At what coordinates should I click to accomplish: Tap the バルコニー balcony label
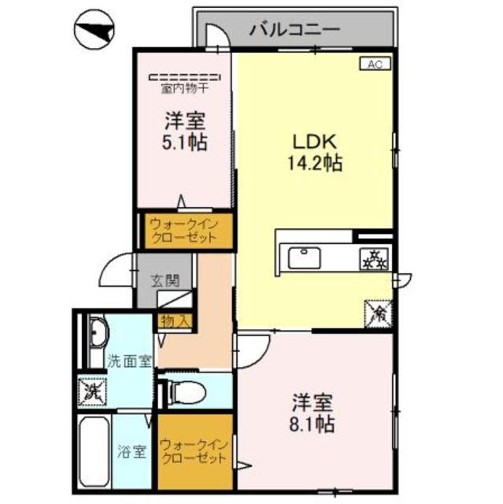pyautogui.click(x=294, y=30)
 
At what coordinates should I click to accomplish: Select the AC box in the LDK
pyautogui.click(x=372, y=65)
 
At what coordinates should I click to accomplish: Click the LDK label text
pyautogui.click(x=316, y=143)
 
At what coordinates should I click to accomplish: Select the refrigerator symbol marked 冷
pyautogui.click(x=377, y=313)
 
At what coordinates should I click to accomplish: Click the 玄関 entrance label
pyautogui.click(x=165, y=280)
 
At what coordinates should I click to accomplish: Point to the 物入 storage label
pyautogui.click(x=175, y=321)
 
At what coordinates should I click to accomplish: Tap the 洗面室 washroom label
pyautogui.click(x=129, y=361)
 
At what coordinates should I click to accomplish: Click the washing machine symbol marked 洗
pyautogui.click(x=91, y=389)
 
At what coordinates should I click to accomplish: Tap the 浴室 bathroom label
pyautogui.click(x=131, y=452)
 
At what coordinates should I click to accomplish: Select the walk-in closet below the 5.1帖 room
pyautogui.click(x=187, y=231)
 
